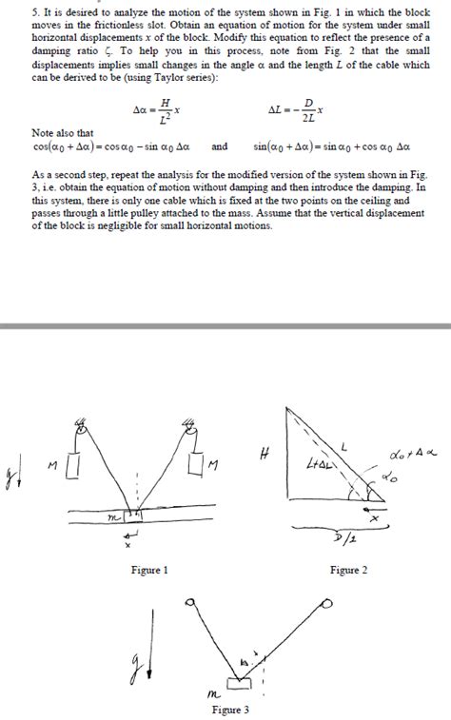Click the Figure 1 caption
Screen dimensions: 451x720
[x=149, y=570]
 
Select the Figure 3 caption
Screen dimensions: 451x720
[x=230, y=710]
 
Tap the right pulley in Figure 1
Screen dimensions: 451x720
[x=192, y=434]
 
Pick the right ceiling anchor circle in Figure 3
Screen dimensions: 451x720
[x=328, y=603]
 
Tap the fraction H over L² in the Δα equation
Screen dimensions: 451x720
[x=166, y=111]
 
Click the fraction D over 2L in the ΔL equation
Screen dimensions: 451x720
[x=307, y=111]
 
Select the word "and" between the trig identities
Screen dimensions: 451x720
[x=219, y=147]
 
